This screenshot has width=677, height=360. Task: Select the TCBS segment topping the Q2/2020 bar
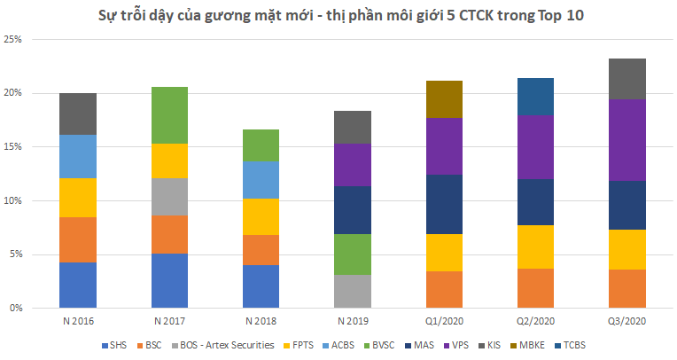pyautogui.click(x=534, y=96)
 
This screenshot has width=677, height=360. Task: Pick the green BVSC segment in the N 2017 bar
pyautogui.click(x=169, y=115)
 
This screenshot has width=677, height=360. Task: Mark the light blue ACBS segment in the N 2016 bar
pyautogui.click(x=78, y=156)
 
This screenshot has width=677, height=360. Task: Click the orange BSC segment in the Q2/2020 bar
pyautogui.click(x=534, y=288)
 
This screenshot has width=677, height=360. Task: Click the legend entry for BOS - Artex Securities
pyautogui.click(x=229, y=346)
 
